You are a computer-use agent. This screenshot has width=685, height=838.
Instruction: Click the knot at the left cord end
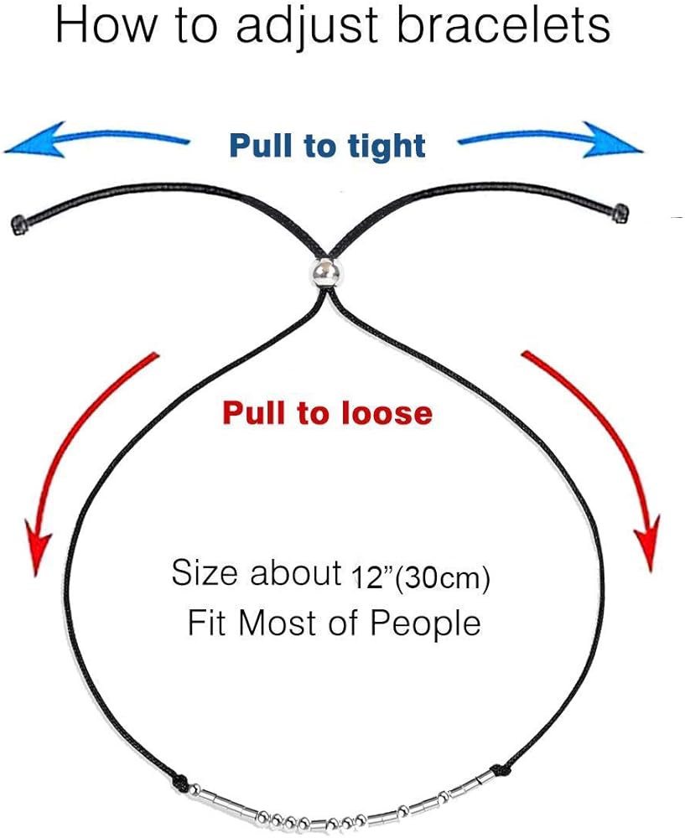[18, 222]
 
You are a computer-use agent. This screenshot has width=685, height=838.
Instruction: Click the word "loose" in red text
[385, 412]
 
